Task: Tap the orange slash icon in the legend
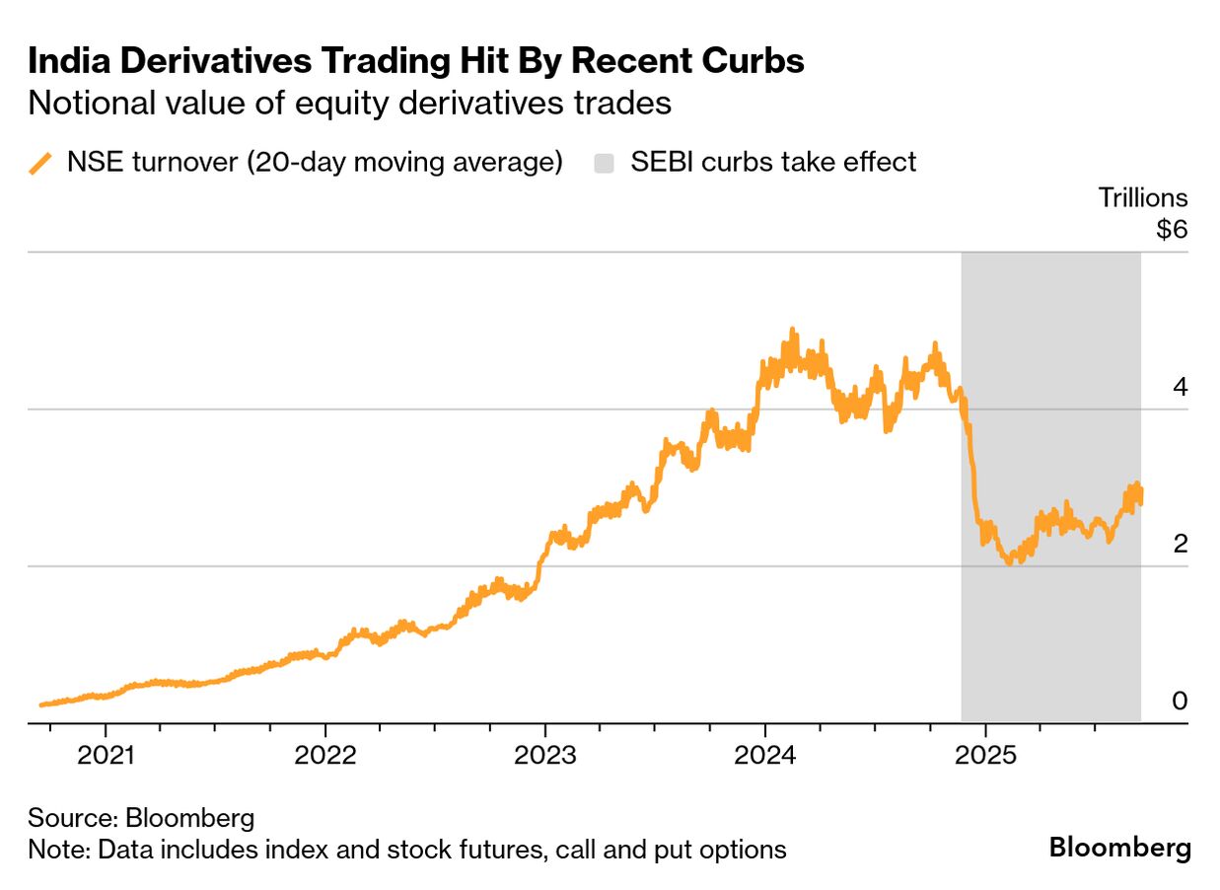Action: coord(40,163)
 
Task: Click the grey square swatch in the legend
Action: coord(604,163)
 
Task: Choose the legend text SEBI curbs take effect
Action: coord(772,162)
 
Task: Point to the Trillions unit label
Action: coord(1143,197)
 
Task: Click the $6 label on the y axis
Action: coord(1172,230)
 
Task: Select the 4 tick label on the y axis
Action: coord(1180,387)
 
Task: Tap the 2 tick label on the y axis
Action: coord(1180,544)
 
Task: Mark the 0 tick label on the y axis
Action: coord(1180,701)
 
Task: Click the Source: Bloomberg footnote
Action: coord(141,818)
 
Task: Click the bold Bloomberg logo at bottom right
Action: coord(1119,848)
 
